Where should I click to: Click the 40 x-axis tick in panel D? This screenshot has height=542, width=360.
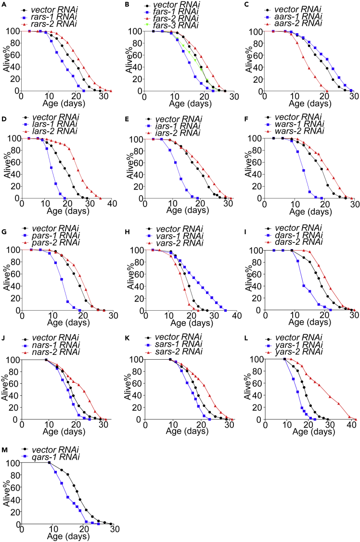coord(112,204)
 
